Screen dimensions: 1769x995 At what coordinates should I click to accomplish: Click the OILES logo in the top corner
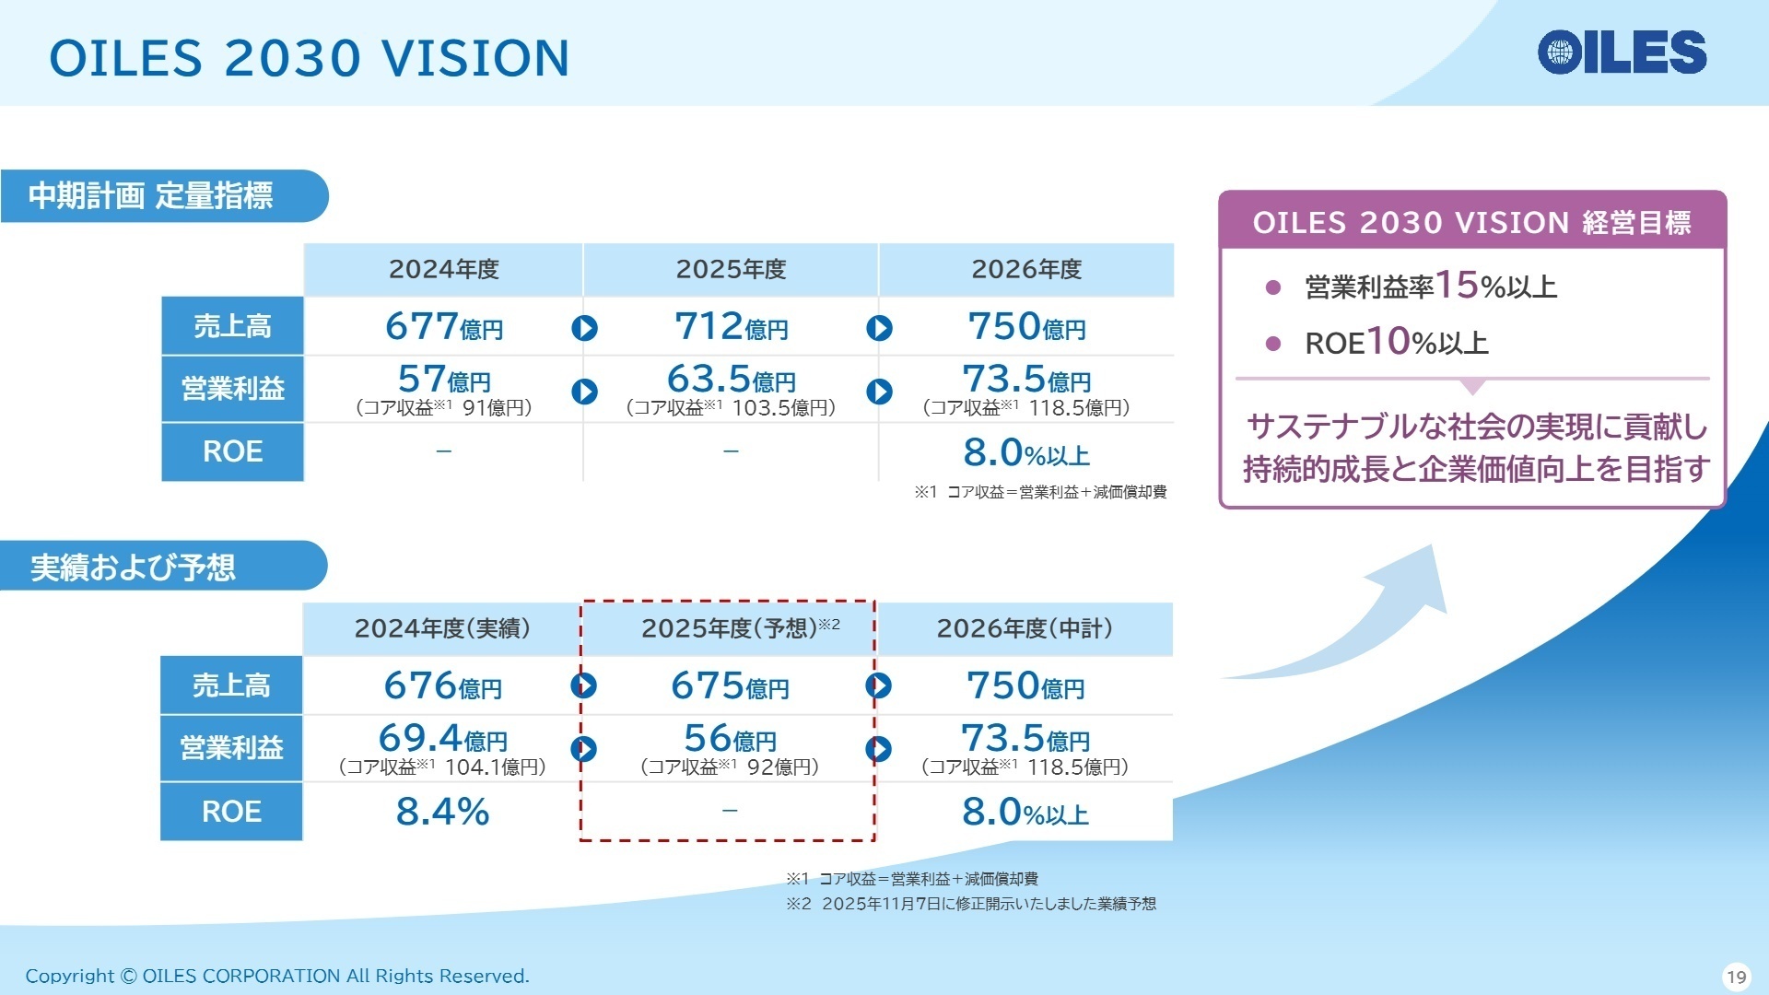1622,52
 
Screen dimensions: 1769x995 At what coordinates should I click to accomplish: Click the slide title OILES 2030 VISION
310,58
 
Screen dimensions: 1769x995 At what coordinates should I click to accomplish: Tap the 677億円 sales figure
444,326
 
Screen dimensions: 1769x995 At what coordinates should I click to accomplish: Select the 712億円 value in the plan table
732,326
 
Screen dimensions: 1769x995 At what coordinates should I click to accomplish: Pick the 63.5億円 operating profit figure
732,379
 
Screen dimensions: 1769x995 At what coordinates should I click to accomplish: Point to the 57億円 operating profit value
444,379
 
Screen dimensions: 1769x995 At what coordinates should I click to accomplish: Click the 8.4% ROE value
442,812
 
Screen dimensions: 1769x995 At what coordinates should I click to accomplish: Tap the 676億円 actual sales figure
442,685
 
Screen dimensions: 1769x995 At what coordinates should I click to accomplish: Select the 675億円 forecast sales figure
730,685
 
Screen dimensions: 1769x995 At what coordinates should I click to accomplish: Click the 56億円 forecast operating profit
730,738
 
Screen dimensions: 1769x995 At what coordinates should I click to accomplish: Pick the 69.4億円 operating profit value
442,738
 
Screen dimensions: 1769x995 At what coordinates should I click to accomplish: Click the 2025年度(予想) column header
740,628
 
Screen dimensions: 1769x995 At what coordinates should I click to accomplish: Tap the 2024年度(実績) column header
442,628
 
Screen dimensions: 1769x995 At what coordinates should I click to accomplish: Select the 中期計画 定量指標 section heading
150,195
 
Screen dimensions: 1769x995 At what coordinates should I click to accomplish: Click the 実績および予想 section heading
133,567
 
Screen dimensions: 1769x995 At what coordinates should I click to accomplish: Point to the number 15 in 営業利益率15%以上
1457,285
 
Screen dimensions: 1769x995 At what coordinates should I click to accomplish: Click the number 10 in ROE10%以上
1388,341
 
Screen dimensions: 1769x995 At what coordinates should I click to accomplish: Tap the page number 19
1737,977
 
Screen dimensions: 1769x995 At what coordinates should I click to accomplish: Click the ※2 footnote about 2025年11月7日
971,904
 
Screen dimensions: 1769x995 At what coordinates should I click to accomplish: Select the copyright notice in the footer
277,976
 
